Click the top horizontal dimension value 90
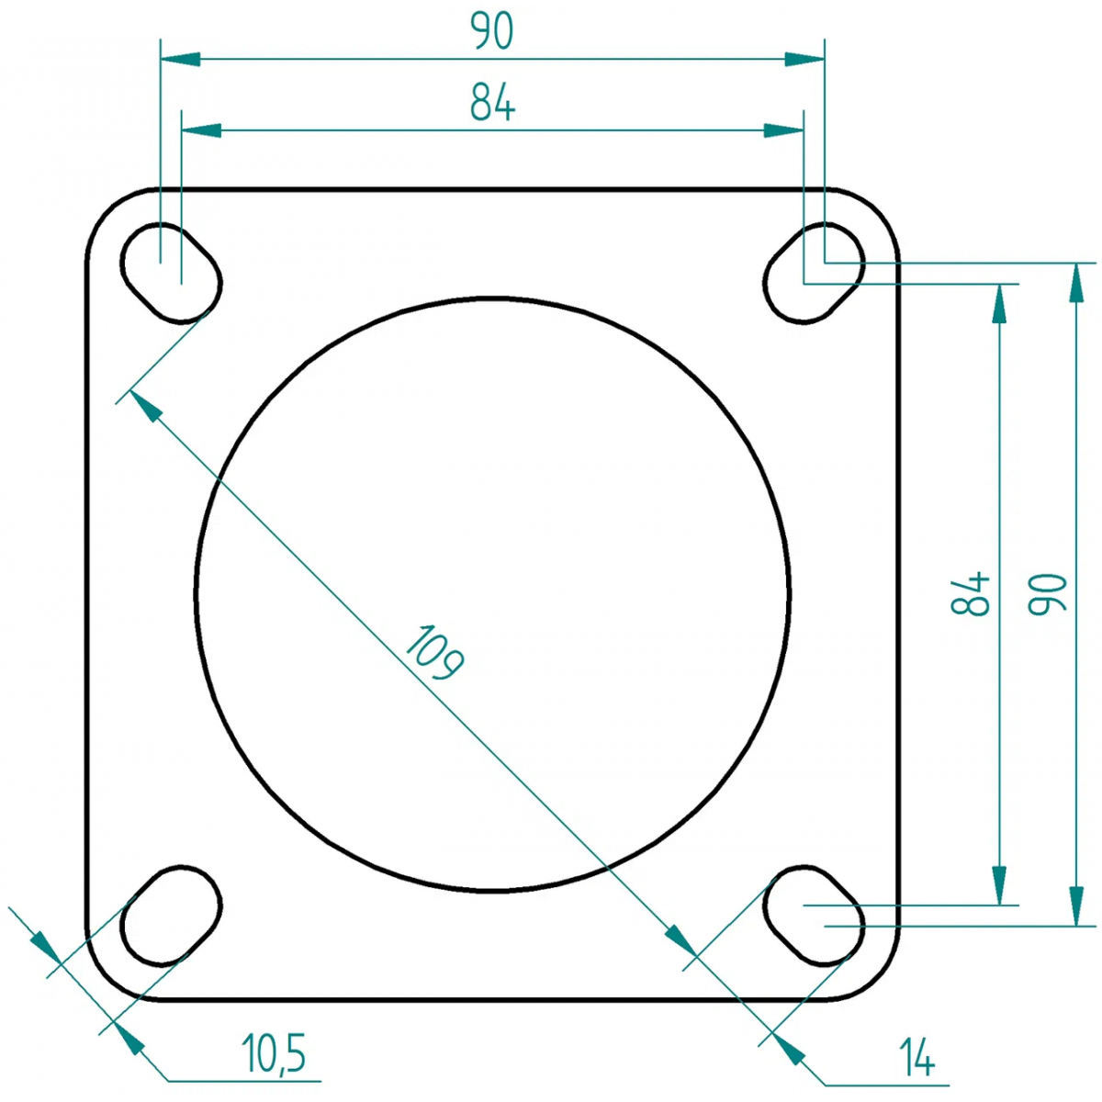pyautogui.click(x=492, y=30)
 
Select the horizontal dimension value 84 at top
pyautogui.click(x=492, y=102)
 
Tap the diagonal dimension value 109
pyautogui.click(x=434, y=653)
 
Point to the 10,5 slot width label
pyautogui.click(x=274, y=1053)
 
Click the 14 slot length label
pyautogui.click(x=916, y=1057)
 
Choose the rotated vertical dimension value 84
pyautogui.click(x=970, y=592)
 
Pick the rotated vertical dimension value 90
pyautogui.click(x=1047, y=593)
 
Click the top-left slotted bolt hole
pyautogui.click(x=171, y=273)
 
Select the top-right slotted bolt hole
pyautogui.click(x=814, y=273)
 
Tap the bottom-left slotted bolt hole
pyautogui.click(x=171, y=916)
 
